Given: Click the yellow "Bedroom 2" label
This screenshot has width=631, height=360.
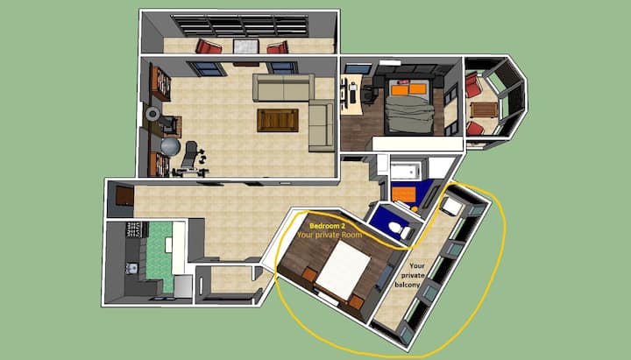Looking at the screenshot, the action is pos(327,226).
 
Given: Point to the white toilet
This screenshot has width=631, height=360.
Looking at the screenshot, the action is pos(400,229).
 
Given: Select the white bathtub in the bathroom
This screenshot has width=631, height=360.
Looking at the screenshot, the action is pos(405,171).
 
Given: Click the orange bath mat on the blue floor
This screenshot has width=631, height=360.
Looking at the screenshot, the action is pos(404,194).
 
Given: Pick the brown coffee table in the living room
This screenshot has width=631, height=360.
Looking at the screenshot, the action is pos(278,120).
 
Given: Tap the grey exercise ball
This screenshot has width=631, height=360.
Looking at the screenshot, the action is pos(171,147).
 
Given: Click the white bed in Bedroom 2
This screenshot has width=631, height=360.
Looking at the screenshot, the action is pos(344,271).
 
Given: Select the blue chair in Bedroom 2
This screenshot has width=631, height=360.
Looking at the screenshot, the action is pos(385,277).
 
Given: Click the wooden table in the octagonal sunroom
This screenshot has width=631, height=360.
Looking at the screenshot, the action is pos(484,109).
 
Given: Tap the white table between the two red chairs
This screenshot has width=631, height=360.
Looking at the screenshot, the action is pos(245,46).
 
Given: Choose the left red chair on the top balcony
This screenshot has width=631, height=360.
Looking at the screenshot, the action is pos(209,46).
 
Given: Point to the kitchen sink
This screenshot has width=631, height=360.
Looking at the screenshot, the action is pos(131,268).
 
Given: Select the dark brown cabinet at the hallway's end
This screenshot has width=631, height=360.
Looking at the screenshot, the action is pos(124,197).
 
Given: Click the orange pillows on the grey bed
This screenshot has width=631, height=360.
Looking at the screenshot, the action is pos(409,88).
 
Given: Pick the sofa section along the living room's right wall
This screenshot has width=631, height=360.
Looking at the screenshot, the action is pos(322,126).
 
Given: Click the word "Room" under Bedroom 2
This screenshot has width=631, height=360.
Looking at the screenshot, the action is pos(351,235).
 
